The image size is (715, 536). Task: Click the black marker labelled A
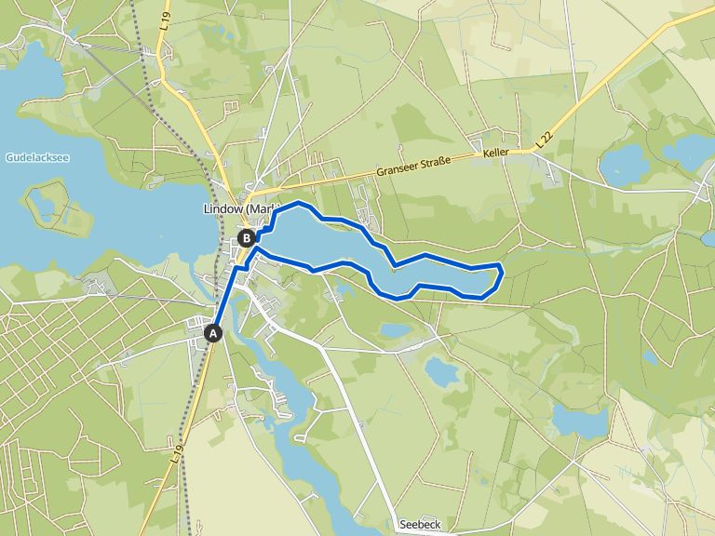pyautogui.click(x=214, y=332)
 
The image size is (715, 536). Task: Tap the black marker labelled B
pyautogui.click(x=247, y=238)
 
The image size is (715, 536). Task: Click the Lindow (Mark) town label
pyautogui.click(x=238, y=209)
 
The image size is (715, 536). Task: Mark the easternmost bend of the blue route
pyautogui.click(x=502, y=272)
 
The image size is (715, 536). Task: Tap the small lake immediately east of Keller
pyautogui.click(x=624, y=166)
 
